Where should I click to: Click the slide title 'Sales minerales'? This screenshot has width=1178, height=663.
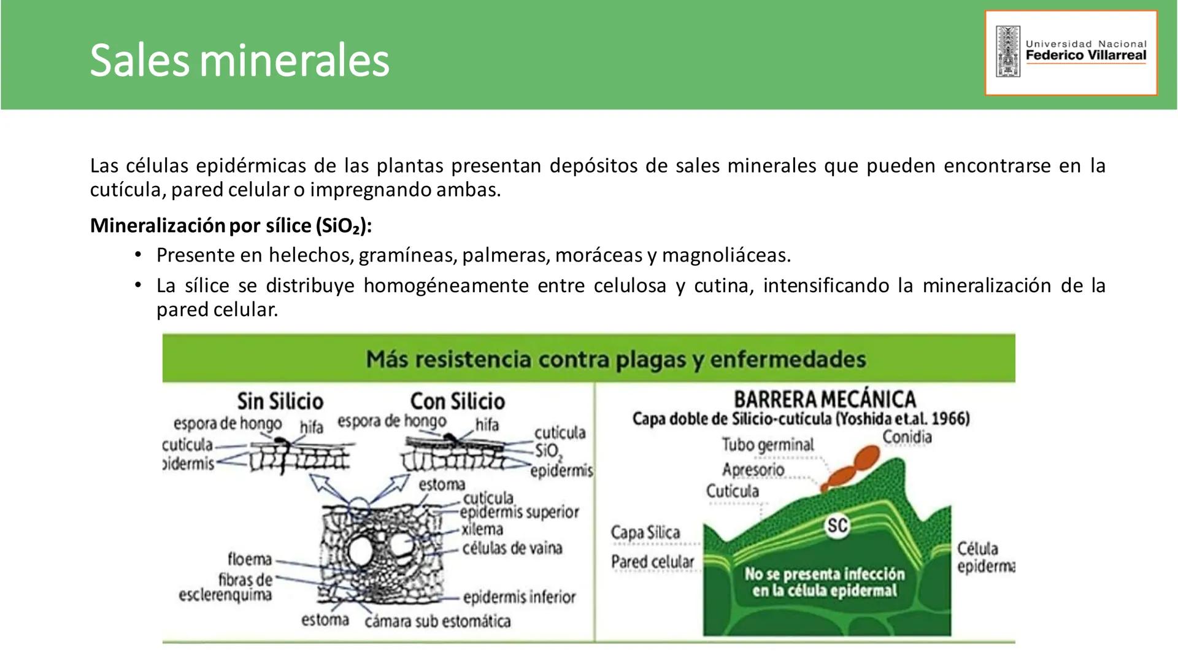(239, 60)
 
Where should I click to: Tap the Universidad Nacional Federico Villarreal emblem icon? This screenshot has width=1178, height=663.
(1007, 52)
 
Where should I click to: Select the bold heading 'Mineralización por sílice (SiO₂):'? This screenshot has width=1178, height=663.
(231, 226)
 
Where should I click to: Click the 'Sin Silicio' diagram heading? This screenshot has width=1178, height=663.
(280, 401)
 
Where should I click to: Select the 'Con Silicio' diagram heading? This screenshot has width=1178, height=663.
(458, 401)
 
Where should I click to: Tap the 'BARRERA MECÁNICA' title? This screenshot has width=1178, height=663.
(825, 399)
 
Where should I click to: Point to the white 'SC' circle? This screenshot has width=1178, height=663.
(837, 525)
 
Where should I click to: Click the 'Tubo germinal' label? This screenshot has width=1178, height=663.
(768, 444)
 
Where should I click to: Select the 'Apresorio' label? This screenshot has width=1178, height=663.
(753, 470)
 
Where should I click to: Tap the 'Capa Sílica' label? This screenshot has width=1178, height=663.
(645, 532)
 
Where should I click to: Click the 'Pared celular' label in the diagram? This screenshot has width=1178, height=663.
(652, 562)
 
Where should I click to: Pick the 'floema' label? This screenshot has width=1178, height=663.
(250, 559)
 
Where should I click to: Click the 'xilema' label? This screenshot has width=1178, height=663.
(482, 529)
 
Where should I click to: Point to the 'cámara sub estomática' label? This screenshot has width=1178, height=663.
(437, 621)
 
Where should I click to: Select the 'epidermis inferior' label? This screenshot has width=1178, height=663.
(519, 597)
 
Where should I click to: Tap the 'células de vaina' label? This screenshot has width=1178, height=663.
(512, 548)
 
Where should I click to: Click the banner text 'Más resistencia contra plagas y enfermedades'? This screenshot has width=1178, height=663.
(615, 359)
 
